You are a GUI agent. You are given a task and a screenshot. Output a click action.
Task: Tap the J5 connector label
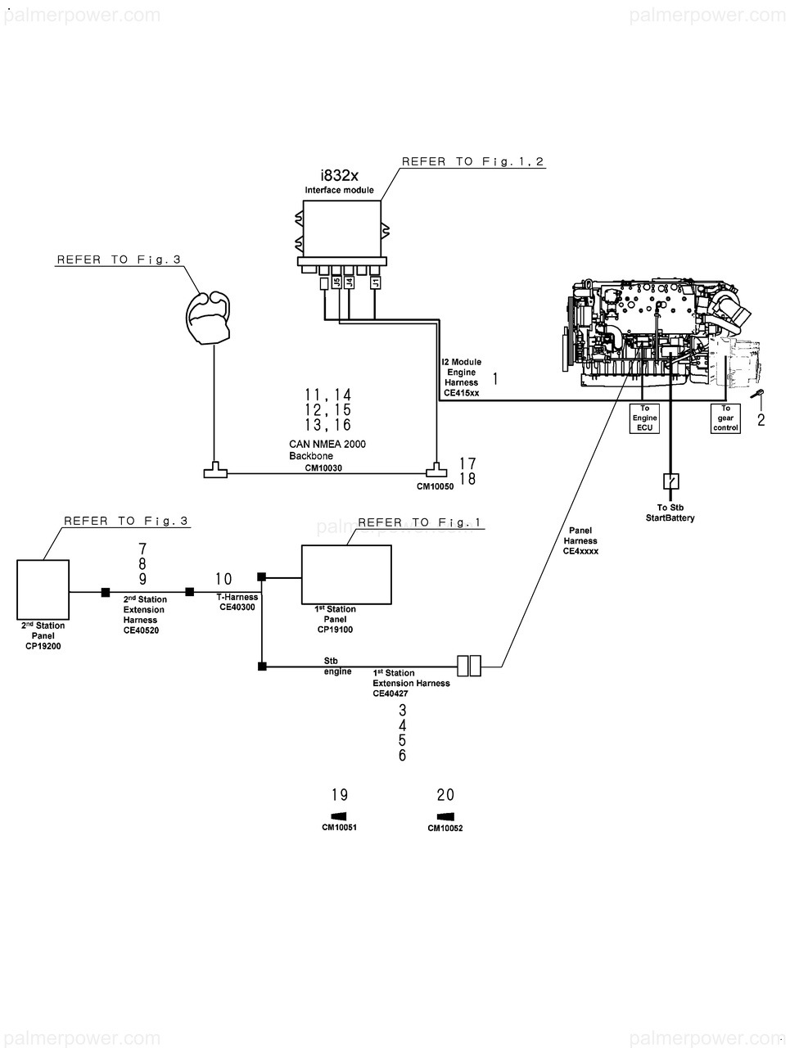tap(336, 282)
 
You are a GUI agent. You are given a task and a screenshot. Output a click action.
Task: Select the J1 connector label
tap(376, 282)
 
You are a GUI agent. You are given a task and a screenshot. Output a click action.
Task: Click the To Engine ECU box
tap(644, 418)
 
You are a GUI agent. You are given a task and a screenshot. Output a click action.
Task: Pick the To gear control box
tap(725, 418)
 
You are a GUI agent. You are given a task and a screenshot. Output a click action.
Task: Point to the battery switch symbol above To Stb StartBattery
tap(671, 481)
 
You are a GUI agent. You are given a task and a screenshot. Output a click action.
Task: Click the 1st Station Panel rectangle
tap(346, 575)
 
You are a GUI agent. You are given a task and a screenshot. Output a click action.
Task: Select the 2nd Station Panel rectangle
tap(43, 589)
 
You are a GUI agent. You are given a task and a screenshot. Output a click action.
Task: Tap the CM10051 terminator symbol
tap(338, 816)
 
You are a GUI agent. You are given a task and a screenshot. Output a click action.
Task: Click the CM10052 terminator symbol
tap(445, 816)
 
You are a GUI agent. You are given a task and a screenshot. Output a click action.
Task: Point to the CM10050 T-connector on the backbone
tap(436, 470)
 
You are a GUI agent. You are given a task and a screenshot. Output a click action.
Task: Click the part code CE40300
tap(237, 608)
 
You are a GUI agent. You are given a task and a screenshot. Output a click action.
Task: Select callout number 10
tap(223, 579)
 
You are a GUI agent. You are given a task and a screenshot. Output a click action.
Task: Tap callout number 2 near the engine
tap(761, 420)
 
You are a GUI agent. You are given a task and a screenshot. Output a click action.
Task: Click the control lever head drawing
tap(208, 318)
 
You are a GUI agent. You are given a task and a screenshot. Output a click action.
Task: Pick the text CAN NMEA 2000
tap(327, 444)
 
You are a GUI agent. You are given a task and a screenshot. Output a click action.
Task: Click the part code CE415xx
tap(461, 393)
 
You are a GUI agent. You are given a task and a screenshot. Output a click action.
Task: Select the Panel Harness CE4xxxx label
tap(580, 540)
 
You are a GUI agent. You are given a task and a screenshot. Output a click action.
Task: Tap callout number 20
tap(445, 795)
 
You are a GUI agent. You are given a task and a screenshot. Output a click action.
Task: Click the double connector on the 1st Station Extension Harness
tap(469, 666)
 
